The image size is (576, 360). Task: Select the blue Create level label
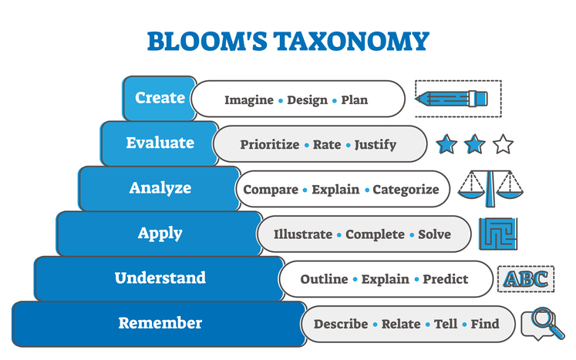160,98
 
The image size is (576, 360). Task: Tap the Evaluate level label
160,143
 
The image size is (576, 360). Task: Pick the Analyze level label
160,188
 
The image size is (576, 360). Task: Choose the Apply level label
160,233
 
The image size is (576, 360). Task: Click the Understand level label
160,278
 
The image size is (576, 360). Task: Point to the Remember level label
160,323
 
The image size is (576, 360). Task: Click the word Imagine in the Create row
248,99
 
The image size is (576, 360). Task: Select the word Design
307,99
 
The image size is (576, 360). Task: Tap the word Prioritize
269,144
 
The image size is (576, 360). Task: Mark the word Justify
376,144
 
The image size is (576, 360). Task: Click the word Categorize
406,190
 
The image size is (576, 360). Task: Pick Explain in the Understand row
386,279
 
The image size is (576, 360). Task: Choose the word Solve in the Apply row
434,234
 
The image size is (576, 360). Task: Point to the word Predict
446,279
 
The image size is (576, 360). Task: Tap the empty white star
503,143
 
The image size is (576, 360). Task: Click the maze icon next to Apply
498,234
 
